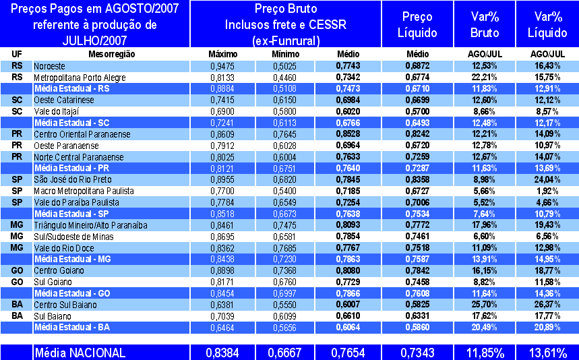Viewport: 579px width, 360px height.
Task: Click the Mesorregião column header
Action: click(x=111, y=54)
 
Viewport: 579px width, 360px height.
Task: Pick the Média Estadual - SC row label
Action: click(x=71, y=123)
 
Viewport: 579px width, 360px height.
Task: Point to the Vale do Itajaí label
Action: click(x=57, y=111)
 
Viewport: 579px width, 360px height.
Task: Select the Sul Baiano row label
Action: click(x=52, y=316)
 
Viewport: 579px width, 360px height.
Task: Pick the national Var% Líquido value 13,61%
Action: click(x=547, y=353)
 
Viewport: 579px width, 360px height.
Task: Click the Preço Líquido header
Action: click(x=417, y=25)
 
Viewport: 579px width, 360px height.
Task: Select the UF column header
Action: click(x=17, y=54)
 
